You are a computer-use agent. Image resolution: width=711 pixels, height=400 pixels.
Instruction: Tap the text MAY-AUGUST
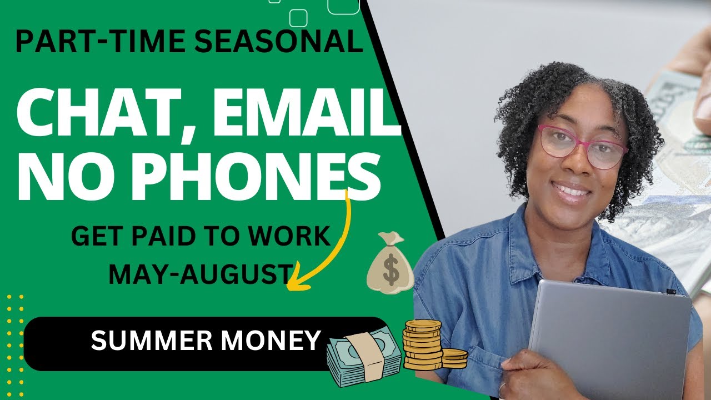pyautogui.click(x=200, y=273)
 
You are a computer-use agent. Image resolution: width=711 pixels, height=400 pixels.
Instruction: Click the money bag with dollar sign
pyautogui.click(x=391, y=264)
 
